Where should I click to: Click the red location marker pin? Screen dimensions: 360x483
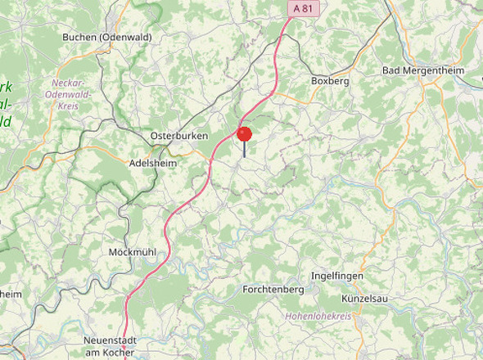[x=244, y=133]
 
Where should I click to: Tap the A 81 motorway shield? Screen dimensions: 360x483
[x=302, y=7]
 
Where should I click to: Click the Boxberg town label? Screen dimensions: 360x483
[x=330, y=81]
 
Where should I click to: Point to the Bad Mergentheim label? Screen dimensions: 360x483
[x=422, y=70]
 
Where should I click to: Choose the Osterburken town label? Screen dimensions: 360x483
[x=179, y=136]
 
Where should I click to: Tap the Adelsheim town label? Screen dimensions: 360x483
[x=153, y=163]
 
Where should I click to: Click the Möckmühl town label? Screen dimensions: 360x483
[x=133, y=252]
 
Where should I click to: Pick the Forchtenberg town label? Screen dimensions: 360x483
[x=273, y=290]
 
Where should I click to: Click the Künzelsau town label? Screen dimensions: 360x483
[x=364, y=299]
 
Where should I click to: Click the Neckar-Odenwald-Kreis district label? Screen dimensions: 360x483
[x=71, y=94]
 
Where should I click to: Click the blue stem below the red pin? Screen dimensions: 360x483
[x=244, y=153]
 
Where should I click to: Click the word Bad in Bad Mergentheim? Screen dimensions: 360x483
[x=391, y=70]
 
